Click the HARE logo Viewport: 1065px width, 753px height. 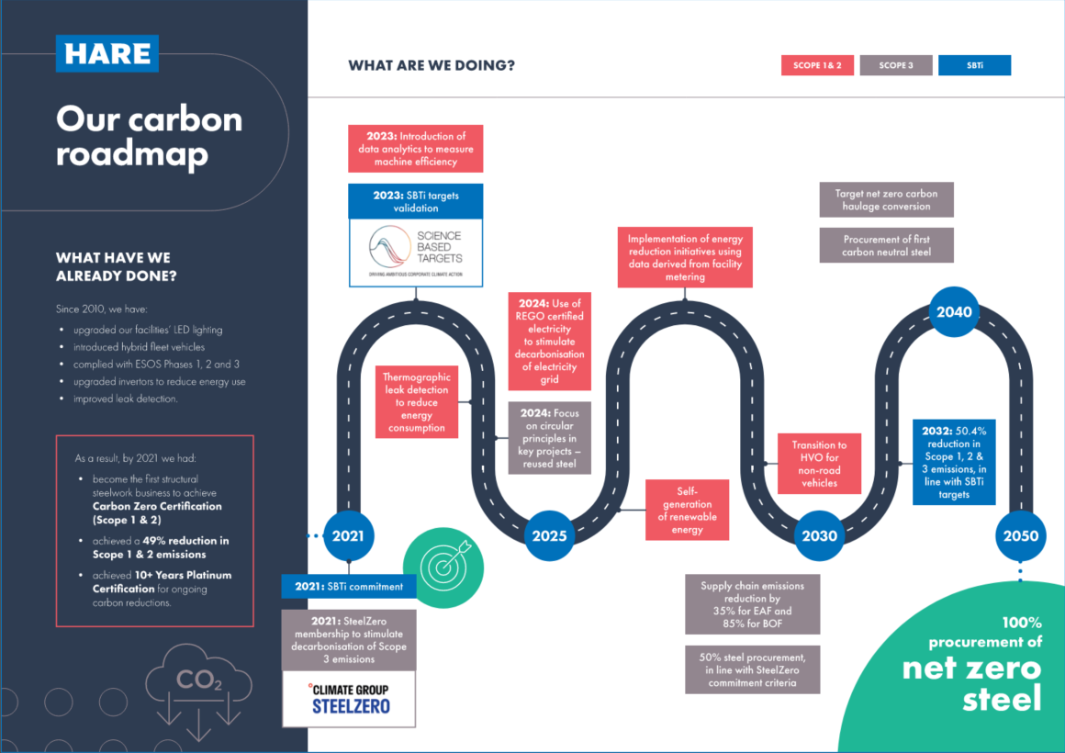pos(106,53)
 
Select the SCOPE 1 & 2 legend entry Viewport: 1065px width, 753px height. pos(817,65)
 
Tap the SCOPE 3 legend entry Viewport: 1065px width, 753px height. pos(896,65)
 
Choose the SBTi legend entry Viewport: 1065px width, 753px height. pos(974,65)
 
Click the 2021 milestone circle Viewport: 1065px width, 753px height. pos(349,535)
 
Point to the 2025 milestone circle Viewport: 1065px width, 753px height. pos(549,535)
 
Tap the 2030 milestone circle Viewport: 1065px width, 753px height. pos(819,535)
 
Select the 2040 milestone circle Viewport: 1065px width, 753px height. pos(954,311)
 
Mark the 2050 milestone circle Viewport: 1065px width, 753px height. pos(1020,535)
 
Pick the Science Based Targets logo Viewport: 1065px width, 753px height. pos(415,253)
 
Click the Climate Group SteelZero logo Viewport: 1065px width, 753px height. pos(349,698)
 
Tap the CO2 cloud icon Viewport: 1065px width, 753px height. pos(199,684)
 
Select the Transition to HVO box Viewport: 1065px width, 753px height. pos(820,464)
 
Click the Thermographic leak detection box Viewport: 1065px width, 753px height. pos(417,402)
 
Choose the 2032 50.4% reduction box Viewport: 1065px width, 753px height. pos(954,463)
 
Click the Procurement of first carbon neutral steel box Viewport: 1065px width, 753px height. pos(886,245)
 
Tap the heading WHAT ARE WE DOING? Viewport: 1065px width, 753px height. pos(432,65)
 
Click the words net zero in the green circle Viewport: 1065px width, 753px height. pos(971,668)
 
